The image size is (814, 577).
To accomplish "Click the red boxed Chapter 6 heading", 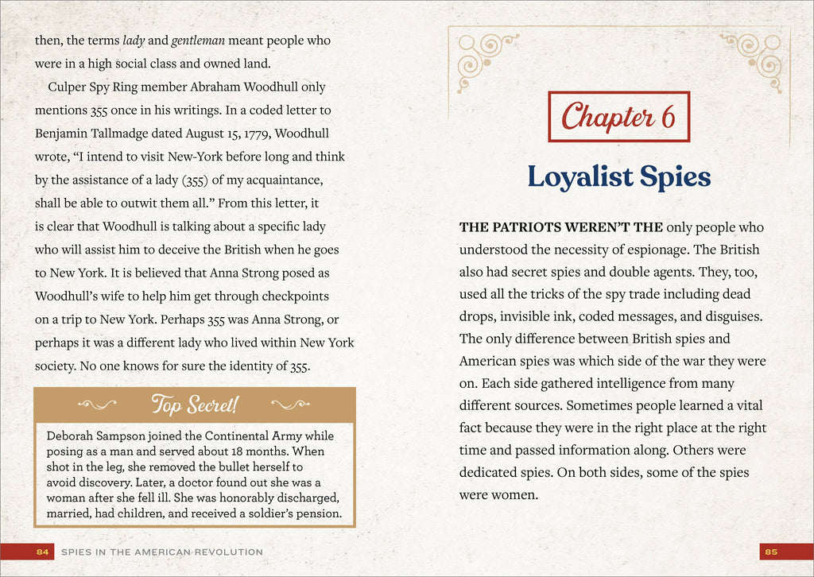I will (x=618, y=117).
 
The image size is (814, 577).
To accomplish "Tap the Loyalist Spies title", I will (x=618, y=176).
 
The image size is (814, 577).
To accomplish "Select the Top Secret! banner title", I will (x=194, y=405).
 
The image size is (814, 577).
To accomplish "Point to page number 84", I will (x=43, y=552).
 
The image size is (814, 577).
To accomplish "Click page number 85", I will (x=770, y=552).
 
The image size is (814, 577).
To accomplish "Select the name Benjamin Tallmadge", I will (x=89, y=133).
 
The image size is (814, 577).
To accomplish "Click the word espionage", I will (x=622, y=250).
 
